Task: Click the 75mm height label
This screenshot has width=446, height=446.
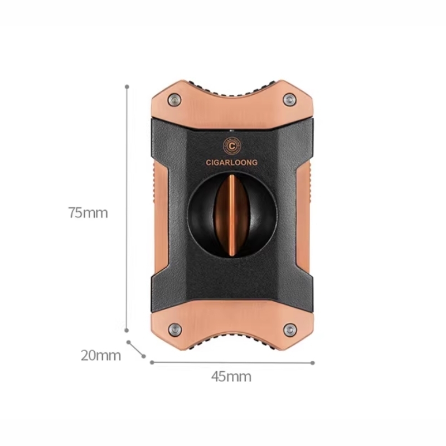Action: tap(88, 212)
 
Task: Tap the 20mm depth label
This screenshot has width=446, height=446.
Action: tap(101, 355)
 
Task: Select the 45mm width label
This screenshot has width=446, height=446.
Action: tap(231, 377)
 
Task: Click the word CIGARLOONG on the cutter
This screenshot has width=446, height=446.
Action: tap(232, 162)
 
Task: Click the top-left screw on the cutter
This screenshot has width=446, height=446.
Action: tap(174, 100)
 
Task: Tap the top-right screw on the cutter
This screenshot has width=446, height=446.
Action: tap(289, 100)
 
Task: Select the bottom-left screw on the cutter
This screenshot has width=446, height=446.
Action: tap(174, 330)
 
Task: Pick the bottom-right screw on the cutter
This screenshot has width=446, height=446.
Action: tap(290, 330)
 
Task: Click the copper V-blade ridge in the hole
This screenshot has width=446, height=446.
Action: tap(232, 215)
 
